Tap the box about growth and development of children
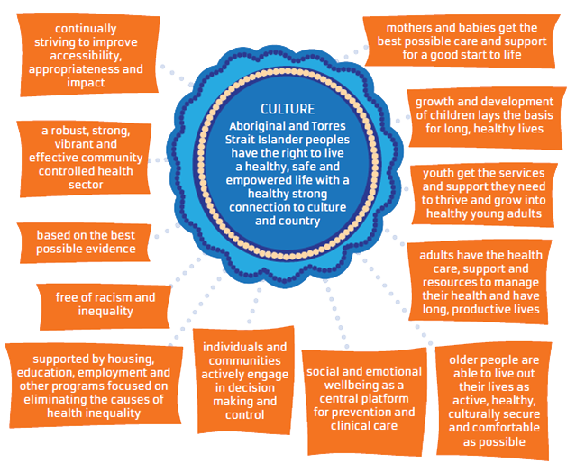[485, 114]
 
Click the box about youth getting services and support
[488, 191]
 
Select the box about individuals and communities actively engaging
[244, 379]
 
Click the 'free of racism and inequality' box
[94, 304]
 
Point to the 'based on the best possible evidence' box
[86, 241]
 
